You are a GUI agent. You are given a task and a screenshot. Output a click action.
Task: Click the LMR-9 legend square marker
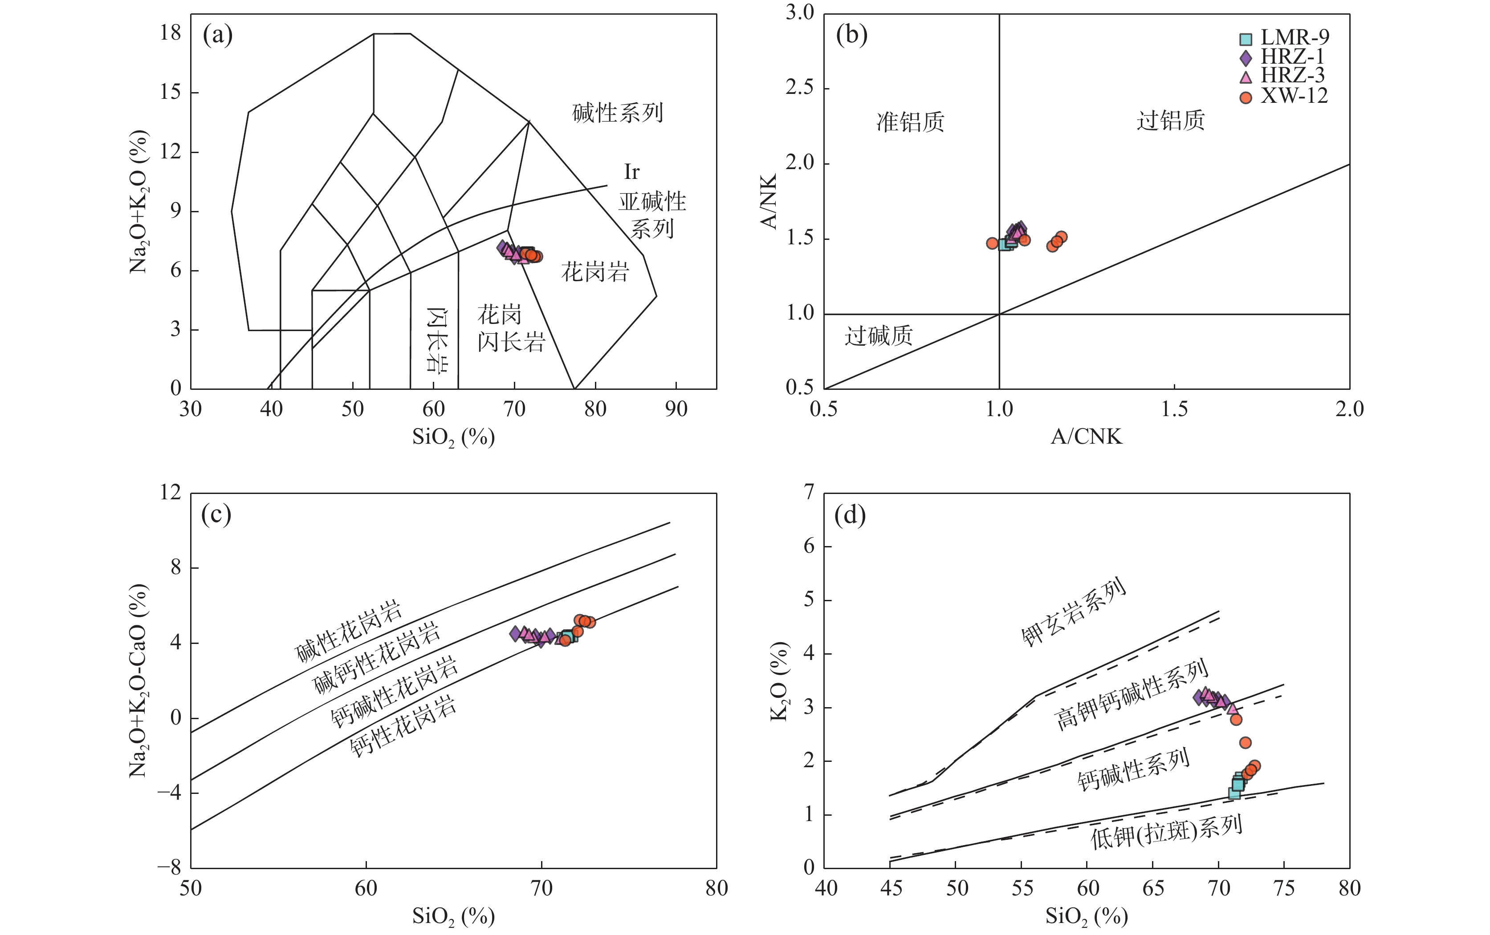click(1246, 40)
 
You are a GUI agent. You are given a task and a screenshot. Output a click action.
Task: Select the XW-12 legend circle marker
click(1246, 97)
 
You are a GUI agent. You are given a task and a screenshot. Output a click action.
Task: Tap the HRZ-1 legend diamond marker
click(1246, 58)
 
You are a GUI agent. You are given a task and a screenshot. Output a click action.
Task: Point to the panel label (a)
click(218, 35)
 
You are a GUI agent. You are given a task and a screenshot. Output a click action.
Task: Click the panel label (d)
click(850, 515)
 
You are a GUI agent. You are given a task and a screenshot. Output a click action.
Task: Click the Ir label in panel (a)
click(632, 172)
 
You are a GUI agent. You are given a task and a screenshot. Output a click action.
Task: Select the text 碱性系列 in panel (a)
click(618, 113)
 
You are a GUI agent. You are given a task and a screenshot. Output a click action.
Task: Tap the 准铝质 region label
click(910, 122)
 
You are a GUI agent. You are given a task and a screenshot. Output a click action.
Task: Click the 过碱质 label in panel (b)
click(879, 336)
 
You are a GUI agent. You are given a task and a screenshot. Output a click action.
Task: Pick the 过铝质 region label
click(1171, 121)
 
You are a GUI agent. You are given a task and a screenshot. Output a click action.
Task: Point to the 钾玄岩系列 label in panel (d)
click(1074, 612)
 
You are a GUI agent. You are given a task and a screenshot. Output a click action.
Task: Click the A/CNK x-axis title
click(1086, 437)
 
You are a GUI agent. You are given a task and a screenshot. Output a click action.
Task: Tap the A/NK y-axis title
click(769, 201)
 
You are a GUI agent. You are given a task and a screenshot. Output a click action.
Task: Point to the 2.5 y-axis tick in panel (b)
click(799, 88)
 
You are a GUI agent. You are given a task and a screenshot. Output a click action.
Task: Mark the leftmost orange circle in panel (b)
click(992, 243)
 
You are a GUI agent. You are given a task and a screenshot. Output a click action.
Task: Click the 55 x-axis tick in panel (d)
click(1022, 889)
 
